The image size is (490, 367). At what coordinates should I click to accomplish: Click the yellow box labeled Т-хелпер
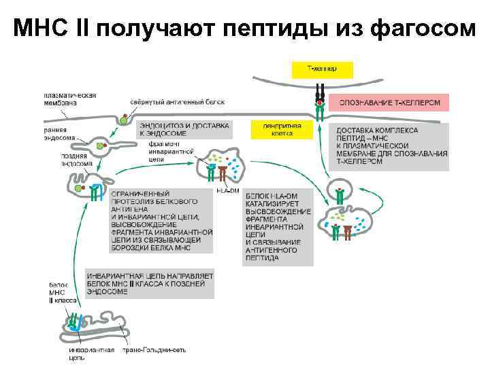[322, 69]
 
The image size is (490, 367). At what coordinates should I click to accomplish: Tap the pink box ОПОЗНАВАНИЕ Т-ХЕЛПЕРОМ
[389, 103]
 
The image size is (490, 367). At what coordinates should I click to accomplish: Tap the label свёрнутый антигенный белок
[177, 102]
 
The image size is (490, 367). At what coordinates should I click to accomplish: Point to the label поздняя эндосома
[68, 159]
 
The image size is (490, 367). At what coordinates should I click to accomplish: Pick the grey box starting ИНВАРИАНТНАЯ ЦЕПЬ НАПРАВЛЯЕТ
[150, 283]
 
